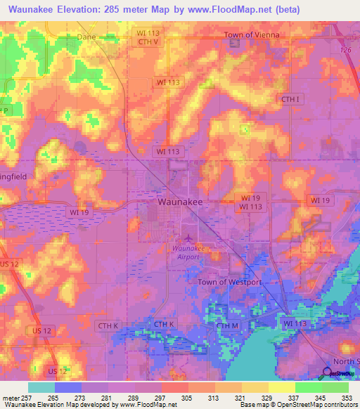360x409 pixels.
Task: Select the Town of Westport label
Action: (229, 282)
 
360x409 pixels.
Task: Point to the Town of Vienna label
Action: (251, 34)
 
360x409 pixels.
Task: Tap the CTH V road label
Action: (149, 41)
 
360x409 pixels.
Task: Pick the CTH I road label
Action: (290, 99)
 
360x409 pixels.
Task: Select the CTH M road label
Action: (228, 326)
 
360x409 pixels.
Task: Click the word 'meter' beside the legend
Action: (11, 397)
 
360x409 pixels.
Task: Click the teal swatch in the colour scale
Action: (41, 387)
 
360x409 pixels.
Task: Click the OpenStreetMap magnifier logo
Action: (327, 373)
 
